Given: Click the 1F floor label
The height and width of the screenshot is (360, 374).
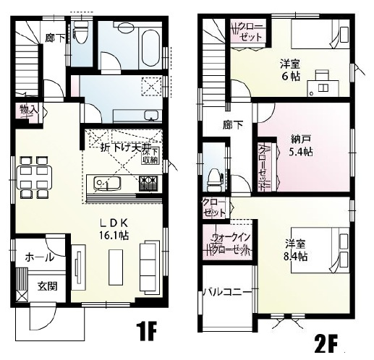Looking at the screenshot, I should (146, 332).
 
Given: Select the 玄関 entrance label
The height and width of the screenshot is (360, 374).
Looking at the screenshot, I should (48, 286).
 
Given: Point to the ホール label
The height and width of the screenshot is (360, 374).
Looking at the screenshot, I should (38, 257).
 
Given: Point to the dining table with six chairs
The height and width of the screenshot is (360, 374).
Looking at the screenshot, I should (33, 178).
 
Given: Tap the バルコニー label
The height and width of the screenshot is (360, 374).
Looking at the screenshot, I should (226, 293).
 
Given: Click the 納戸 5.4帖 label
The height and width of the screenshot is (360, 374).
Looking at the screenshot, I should (301, 146).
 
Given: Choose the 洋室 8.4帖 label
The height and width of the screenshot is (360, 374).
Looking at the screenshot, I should (294, 250).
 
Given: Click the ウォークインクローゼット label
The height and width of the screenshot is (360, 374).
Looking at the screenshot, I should (230, 244).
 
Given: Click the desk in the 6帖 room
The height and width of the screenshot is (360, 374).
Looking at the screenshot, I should (323, 83).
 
